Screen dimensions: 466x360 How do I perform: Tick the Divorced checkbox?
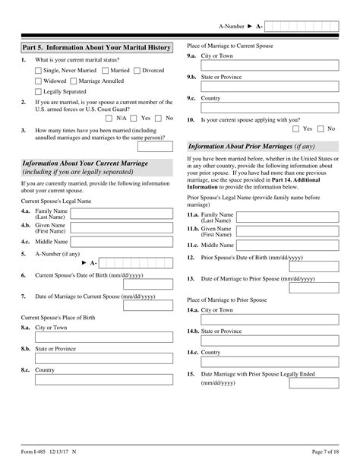click(x=137, y=71)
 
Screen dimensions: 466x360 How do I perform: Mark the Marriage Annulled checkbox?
click(x=73, y=81)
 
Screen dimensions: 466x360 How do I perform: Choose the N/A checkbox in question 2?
click(x=109, y=119)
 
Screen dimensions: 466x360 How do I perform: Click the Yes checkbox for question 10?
click(x=296, y=129)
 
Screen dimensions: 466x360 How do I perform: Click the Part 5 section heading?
click(x=96, y=47)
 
